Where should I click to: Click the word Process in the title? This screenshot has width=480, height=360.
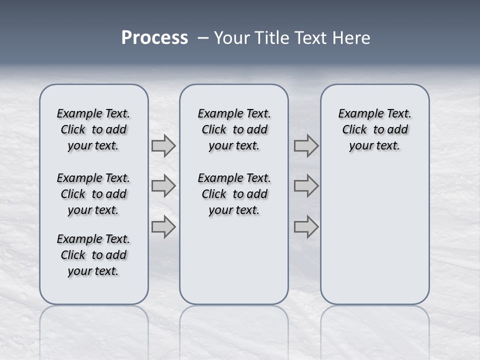tap(154, 38)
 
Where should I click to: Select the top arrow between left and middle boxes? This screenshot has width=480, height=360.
tap(163, 146)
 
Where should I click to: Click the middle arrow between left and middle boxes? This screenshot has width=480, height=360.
tap(163, 186)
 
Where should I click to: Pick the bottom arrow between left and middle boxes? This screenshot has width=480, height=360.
tap(163, 227)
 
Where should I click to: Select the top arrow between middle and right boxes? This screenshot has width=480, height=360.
tap(306, 146)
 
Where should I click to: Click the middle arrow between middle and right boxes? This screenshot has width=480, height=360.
tap(306, 186)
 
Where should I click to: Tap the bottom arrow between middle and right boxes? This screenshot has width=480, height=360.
tap(306, 227)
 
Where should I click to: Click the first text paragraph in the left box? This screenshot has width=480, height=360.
tap(93, 129)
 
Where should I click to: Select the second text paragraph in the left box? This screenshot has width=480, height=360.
tap(93, 194)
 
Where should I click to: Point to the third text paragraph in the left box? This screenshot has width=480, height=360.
tap(93, 255)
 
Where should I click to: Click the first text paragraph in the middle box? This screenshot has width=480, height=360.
tap(234, 129)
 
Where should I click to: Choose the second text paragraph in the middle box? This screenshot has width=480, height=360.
tap(234, 194)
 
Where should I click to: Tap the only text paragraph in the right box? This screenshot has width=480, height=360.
tap(375, 129)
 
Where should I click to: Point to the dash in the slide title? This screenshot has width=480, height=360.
tap(203, 38)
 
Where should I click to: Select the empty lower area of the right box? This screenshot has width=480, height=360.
tap(375, 235)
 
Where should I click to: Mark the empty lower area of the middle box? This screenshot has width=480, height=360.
tap(234, 260)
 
